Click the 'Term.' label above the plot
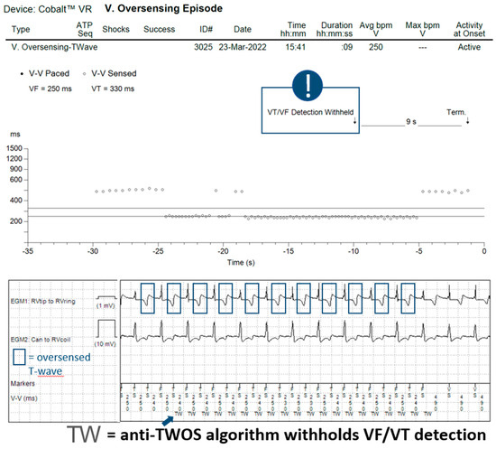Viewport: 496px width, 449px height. [458, 113]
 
